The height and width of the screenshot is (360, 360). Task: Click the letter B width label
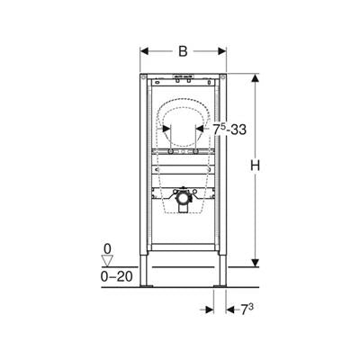click(183, 51)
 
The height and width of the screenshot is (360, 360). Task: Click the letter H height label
click(255, 166)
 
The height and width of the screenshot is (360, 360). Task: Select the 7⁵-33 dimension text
click(229, 130)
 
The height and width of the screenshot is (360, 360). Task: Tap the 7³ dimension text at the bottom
click(247, 310)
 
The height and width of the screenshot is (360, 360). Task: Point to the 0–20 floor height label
click(116, 276)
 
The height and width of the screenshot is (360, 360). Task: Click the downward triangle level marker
click(107, 260)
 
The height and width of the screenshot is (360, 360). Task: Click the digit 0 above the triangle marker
click(107, 248)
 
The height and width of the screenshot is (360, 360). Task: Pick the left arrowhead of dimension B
click(144, 51)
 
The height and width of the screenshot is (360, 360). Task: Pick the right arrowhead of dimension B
click(222, 51)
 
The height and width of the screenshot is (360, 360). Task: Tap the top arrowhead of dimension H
click(255, 78)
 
